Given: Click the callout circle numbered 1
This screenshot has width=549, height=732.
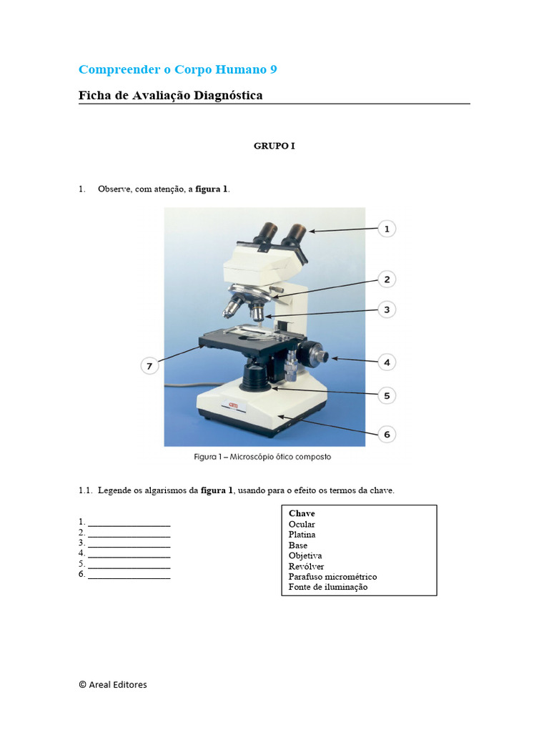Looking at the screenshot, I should [386, 229].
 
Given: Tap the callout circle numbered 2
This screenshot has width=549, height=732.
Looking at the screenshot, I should [386, 280].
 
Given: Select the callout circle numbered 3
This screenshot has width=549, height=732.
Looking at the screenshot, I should [386, 310].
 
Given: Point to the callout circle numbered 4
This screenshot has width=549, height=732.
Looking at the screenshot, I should [386, 362].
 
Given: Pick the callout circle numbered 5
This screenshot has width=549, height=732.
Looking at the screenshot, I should [386, 395].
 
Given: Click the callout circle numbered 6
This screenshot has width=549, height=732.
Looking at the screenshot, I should [386, 434].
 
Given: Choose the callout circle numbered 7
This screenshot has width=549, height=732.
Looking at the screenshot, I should [149, 366].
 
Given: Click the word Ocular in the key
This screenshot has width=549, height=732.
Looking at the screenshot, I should [302, 524].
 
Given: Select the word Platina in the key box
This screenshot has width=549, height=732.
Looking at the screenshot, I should [302, 535].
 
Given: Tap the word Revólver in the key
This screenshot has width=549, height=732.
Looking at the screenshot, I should [306, 566].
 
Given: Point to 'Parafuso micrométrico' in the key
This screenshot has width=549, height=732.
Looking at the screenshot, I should [332, 576].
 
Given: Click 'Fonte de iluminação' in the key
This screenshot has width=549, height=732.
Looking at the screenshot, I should [327, 587].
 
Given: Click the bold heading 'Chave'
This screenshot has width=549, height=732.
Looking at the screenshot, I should [302, 513].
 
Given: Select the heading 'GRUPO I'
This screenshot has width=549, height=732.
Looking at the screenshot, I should [274, 146].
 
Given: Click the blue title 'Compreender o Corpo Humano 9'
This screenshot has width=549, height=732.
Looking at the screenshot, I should [177, 69].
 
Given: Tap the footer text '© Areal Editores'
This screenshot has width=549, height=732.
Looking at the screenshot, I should [113, 684].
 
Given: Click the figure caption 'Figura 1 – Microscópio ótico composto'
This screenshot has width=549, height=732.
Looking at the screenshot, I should [262, 457].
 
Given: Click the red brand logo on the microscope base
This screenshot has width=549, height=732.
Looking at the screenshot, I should [233, 406].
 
